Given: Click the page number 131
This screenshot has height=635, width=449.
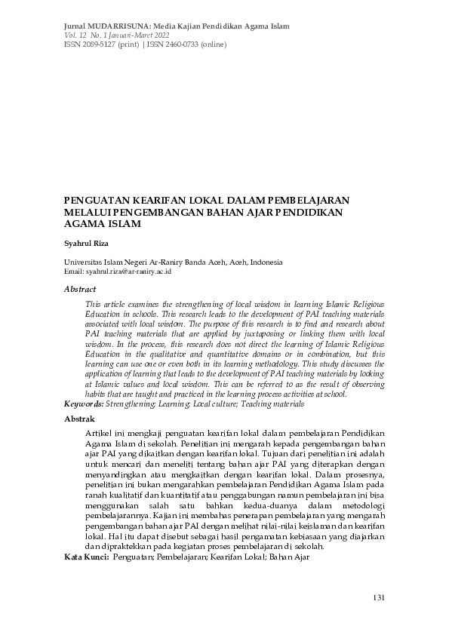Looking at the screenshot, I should [380, 597].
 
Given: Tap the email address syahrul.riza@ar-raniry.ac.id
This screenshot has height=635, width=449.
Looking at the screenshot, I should [128, 271].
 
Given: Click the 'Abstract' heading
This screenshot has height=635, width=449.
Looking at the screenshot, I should [80, 289].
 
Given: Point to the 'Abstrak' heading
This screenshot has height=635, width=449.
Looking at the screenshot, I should [79, 419].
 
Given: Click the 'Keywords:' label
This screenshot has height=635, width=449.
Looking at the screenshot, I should [84, 404].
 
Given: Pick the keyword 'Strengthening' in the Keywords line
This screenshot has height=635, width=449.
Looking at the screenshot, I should [131, 404].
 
